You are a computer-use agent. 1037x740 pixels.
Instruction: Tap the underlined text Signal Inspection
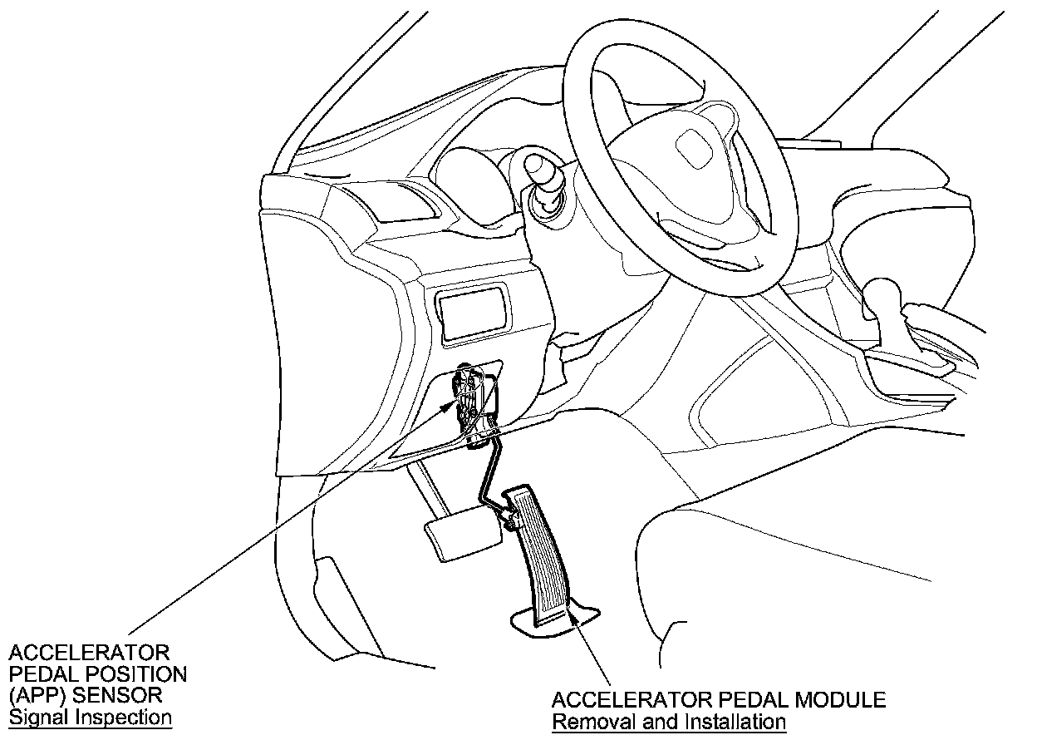point(90,717)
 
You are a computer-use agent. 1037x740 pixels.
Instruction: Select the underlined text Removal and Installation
point(669,721)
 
